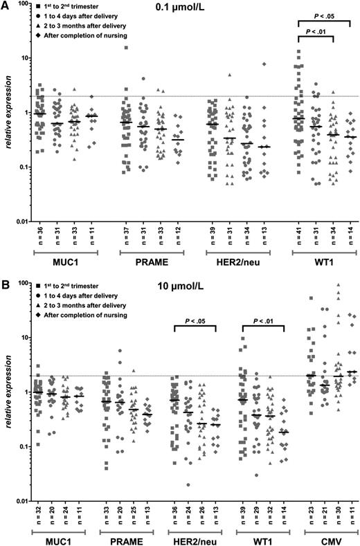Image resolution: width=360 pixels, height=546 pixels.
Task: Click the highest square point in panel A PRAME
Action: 125,48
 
